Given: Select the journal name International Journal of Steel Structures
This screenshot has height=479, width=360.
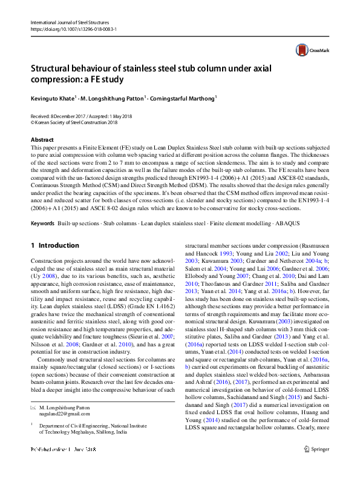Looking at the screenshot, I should [x=68, y=22].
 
